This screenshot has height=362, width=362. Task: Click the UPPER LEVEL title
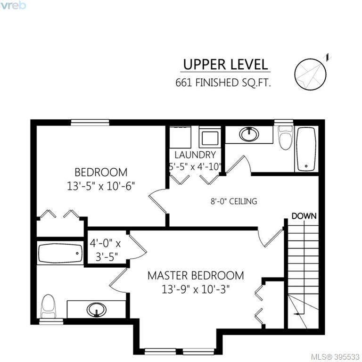click(225, 65)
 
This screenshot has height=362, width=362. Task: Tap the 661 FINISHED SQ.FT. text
click(223, 82)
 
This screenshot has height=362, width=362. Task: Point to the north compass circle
click(311, 74)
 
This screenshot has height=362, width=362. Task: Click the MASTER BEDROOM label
click(196, 275)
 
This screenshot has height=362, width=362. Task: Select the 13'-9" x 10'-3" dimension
click(196, 289)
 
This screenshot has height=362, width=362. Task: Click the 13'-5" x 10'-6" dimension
click(101, 186)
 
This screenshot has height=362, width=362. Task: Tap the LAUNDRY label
click(195, 155)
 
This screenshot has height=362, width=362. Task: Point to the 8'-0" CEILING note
click(234, 201)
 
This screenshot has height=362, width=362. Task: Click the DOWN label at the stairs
click(304, 216)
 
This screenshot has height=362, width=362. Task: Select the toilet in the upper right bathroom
click(286, 137)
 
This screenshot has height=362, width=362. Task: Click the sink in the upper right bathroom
click(249, 134)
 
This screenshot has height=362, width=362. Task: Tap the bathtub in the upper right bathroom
click(306, 149)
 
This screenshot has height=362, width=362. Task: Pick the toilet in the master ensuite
click(48, 306)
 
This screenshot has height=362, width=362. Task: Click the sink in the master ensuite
click(97, 310)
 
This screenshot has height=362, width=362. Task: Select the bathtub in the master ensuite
click(60, 253)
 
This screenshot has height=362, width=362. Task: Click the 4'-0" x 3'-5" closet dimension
click(105, 250)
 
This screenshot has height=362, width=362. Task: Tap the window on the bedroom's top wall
click(90, 123)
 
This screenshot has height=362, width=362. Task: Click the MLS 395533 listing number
click(335, 357)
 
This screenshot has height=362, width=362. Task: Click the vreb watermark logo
click(13, 5)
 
